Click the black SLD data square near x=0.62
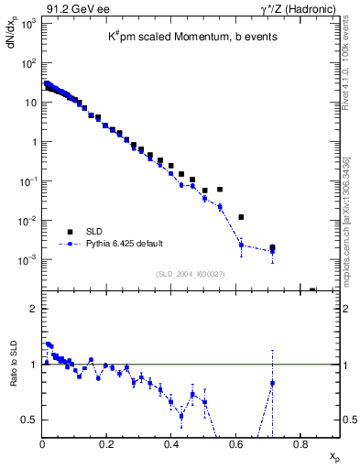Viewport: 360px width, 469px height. pyautogui.click(x=241, y=217)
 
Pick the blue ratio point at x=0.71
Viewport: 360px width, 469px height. pyautogui.click(x=272, y=383)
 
